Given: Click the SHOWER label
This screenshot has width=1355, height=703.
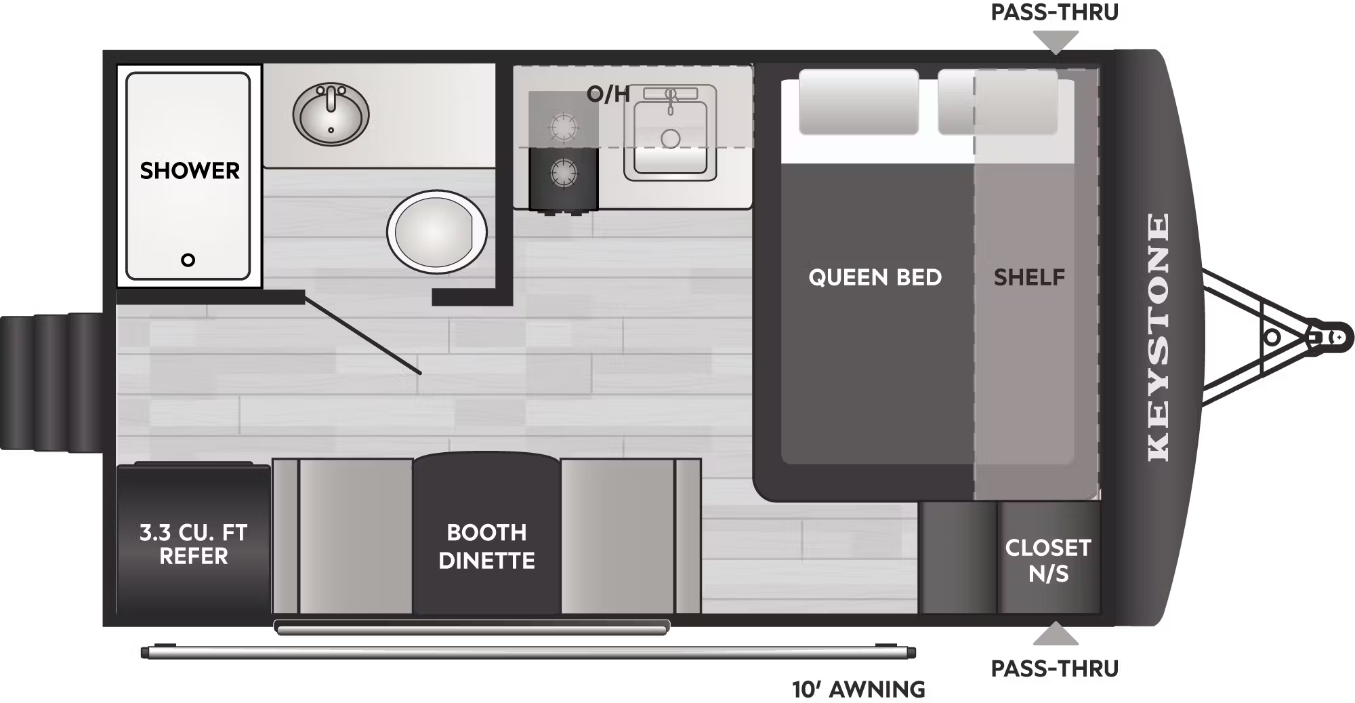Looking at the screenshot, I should pyautogui.click(x=190, y=171).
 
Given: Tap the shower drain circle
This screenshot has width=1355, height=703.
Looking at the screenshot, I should pyautogui.click(x=188, y=260).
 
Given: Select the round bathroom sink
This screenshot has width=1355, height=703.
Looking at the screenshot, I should pyautogui.click(x=331, y=115).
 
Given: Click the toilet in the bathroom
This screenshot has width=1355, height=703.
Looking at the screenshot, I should pyautogui.click(x=437, y=232).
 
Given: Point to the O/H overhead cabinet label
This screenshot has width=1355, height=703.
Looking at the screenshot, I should pyautogui.click(x=608, y=94).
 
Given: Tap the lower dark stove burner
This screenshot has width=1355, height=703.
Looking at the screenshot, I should pyautogui.click(x=564, y=174).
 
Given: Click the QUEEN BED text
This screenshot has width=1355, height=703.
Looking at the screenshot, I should pyautogui.click(x=875, y=277).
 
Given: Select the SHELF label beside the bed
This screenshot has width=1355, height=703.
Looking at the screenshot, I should pyautogui.click(x=1029, y=277).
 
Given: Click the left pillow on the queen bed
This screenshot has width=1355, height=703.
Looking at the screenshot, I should pyautogui.click(x=858, y=102).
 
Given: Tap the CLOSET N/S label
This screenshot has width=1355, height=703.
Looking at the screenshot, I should pyautogui.click(x=1048, y=561).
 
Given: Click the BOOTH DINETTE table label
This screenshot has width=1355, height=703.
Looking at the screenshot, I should pyautogui.click(x=486, y=546).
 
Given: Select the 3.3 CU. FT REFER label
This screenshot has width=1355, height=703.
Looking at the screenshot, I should pyautogui.click(x=193, y=544).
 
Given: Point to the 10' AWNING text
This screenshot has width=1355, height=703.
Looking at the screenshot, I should pyautogui.click(x=858, y=689).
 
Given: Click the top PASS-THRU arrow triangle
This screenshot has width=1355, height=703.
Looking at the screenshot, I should pyautogui.click(x=1056, y=43).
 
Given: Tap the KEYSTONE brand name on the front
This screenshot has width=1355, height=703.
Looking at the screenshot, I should pyautogui.click(x=1159, y=338).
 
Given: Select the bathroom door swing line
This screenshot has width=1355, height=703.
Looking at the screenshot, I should pyautogui.click(x=362, y=334).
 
